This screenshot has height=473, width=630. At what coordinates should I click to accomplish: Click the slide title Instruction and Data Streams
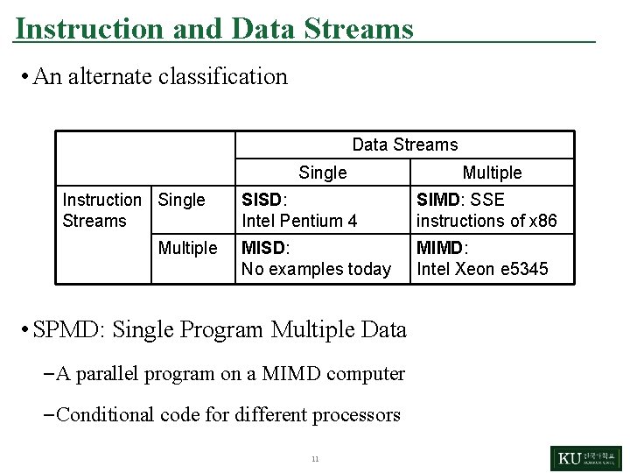(x=214, y=29)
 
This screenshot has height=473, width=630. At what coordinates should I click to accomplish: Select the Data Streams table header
(x=404, y=145)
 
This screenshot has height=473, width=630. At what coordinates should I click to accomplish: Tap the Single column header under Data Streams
(x=322, y=173)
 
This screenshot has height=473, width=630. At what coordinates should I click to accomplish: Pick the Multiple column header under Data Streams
(x=492, y=173)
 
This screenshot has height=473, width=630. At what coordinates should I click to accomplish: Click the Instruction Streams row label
(x=101, y=210)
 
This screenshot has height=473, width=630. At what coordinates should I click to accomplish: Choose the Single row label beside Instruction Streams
(x=181, y=200)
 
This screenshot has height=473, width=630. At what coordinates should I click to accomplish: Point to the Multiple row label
(x=187, y=248)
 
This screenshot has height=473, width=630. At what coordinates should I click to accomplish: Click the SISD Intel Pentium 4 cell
(x=299, y=210)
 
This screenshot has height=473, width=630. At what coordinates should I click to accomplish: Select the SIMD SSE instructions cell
(x=486, y=210)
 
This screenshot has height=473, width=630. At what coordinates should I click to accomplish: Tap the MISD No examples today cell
(x=316, y=258)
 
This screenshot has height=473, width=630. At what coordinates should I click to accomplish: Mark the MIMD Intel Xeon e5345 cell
(x=482, y=258)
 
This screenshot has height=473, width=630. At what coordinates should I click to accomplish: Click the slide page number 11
(x=315, y=459)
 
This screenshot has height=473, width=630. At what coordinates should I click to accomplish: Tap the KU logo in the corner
(x=585, y=458)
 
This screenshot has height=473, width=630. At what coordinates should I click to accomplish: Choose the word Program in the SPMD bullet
(x=222, y=329)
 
